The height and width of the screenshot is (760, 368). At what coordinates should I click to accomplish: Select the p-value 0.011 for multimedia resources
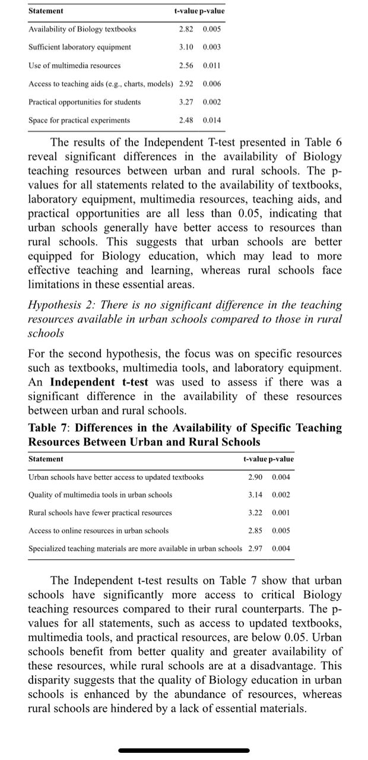(x=212, y=65)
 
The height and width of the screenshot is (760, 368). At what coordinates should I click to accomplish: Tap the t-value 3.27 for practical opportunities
(x=187, y=102)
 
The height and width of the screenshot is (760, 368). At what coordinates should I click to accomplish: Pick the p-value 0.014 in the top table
(x=212, y=121)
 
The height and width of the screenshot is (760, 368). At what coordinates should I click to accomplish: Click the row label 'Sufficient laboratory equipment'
(x=80, y=47)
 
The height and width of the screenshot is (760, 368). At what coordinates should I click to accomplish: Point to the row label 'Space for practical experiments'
(x=80, y=121)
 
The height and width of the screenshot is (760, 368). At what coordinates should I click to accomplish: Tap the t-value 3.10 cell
(x=187, y=47)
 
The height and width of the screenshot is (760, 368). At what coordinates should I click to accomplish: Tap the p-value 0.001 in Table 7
(x=281, y=512)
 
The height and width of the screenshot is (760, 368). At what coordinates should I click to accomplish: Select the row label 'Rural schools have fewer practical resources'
(x=100, y=512)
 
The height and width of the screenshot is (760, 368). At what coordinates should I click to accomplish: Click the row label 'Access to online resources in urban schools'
(x=99, y=530)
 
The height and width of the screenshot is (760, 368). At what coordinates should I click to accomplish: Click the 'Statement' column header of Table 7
(x=46, y=459)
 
